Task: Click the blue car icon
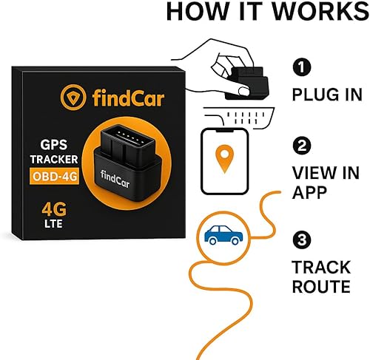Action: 223,236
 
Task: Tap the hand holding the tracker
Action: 212,70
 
